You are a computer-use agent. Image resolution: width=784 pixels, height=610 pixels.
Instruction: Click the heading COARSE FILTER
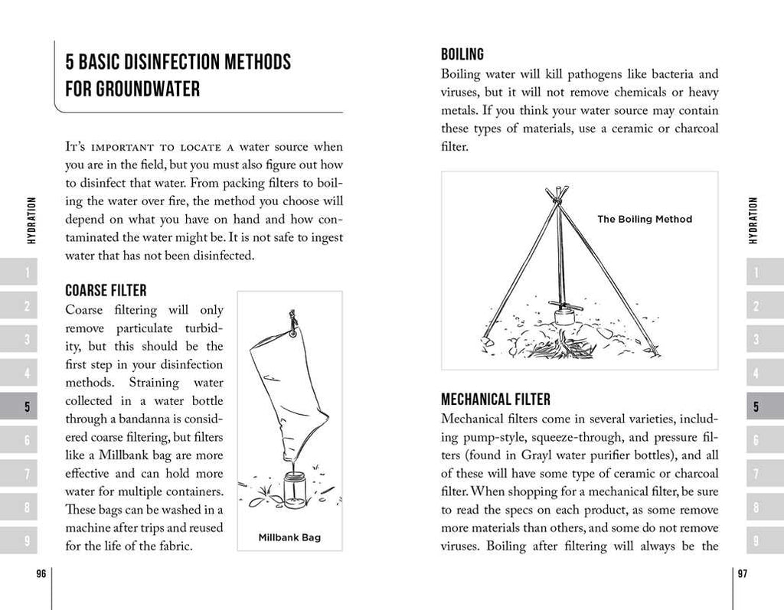pyautogui.click(x=106, y=291)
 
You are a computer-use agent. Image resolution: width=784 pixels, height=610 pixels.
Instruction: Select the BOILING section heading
pyautogui.click(x=462, y=54)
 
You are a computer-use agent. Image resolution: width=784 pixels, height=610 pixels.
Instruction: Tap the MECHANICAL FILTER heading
pyautogui.click(x=495, y=400)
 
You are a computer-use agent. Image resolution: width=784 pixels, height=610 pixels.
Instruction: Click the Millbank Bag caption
pyautogui.click(x=289, y=537)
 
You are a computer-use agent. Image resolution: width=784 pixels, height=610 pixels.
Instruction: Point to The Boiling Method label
pyautogui.click(x=644, y=219)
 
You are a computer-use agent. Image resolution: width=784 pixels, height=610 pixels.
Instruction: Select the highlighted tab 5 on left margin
pyautogui.click(x=27, y=406)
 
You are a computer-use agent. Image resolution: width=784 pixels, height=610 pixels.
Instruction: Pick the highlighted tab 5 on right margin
pyautogui.click(x=756, y=406)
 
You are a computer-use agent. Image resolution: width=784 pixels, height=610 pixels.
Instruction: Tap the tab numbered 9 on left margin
pyautogui.click(x=27, y=540)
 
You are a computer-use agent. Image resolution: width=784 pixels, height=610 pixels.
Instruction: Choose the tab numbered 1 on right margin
pyautogui.click(x=756, y=272)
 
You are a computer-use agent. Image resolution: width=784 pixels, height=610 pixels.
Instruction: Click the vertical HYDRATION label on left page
pyautogui.click(x=31, y=220)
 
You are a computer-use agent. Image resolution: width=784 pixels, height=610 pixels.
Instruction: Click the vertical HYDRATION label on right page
pyautogui.click(x=753, y=220)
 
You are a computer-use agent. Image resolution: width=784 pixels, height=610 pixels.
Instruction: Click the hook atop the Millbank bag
pyautogui.click(x=292, y=321)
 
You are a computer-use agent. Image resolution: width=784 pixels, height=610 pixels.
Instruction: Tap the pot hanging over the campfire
pyautogui.click(x=564, y=314)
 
